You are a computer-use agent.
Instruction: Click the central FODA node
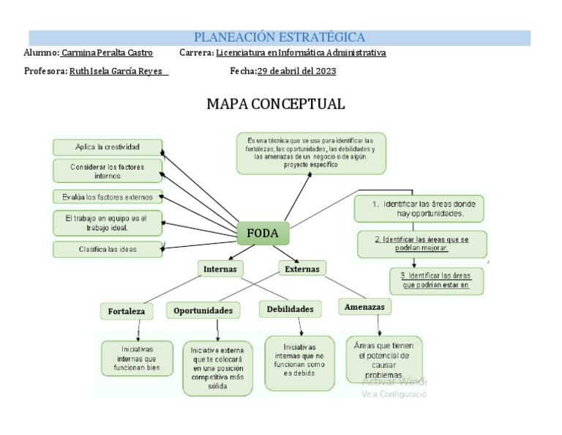click(263, 234)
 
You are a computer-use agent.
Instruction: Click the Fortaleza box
click(126, 311)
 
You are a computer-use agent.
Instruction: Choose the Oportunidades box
click(203, 311)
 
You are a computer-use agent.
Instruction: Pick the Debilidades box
click(290, 309)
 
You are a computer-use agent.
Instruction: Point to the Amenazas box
click(364, 308)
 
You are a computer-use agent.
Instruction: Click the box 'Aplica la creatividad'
click(107, 146)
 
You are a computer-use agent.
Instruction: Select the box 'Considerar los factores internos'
click(107, 171)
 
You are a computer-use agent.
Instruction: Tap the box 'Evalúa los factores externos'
click(107, 196)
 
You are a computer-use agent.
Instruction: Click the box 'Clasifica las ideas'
click(107, 249)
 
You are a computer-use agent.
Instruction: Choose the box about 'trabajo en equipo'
click(107, 223)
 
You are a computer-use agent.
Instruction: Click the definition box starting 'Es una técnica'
click(311, 152)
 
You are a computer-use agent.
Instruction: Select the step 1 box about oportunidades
click(418, 208)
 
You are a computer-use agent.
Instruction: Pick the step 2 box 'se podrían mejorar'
click(421, 244)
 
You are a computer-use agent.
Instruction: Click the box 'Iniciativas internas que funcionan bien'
click(137, 358)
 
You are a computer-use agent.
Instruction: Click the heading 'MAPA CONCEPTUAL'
click(275, 104)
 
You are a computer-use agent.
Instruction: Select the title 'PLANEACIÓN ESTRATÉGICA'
click(280, 37)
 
